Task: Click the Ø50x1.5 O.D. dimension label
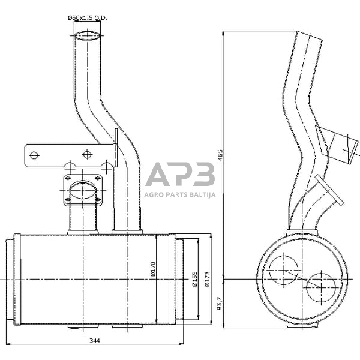pos(88,17)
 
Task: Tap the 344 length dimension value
pos(95,341)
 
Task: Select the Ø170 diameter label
pos(153,269)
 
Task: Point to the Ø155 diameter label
pos(194,280)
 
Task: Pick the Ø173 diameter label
pos(207,279)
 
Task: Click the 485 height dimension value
pos(220,155)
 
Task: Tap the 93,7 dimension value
pos(220,303)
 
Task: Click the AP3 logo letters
pos(180,174)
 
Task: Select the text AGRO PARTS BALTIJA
pos(180,195)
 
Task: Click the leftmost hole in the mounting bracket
pos(34,155)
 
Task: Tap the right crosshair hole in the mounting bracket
pos(87,155)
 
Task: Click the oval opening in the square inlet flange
pos(83,190)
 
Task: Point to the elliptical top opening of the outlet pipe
pos(88,36)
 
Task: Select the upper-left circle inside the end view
pos(284,270)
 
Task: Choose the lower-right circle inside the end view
pos(321,287)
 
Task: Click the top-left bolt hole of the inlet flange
pos(68,178)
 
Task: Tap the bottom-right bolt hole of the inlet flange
pos(98,200)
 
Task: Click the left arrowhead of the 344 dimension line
pos(8,344)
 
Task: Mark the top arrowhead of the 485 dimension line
pos(223,33)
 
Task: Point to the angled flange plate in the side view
pos(329,190)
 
